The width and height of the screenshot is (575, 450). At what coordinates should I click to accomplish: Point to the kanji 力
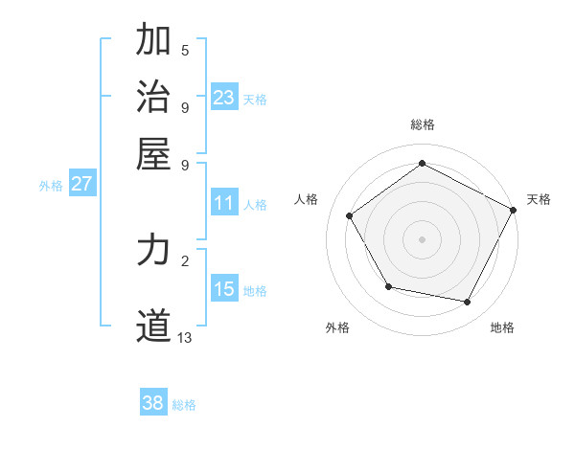coord(153,251)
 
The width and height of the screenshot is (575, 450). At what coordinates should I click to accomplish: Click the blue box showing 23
coord(224,98)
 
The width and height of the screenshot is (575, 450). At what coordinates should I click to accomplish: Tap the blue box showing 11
coord(224,203)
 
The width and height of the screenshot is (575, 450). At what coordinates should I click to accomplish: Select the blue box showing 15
coord(224,289)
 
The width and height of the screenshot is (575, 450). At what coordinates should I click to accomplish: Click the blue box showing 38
coord(153,403)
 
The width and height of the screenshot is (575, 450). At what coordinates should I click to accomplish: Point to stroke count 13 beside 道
coord(185,338)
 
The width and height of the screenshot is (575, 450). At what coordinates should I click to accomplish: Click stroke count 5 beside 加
coord(185,50)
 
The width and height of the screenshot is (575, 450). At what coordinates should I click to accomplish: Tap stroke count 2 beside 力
coord(185,259)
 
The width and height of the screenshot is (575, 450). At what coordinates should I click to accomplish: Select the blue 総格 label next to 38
coord(184,405)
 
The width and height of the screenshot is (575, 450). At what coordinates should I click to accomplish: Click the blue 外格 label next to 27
coord(51,186)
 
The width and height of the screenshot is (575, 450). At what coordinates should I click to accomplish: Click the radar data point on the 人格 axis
coord(349,215)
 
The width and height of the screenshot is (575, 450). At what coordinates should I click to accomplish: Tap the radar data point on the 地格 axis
coord(468,302)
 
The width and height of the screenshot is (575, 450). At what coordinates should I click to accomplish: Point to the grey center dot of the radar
coord(422,238)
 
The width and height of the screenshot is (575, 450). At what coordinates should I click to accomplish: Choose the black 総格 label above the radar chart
coord(422,124)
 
